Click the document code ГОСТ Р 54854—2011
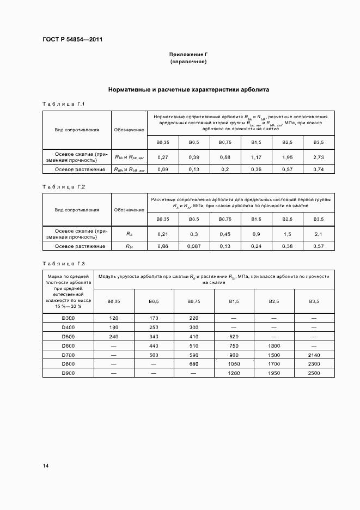coord(72,40)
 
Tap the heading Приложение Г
coord(188,54)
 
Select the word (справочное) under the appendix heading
coord(188,62)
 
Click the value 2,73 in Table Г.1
coord(319,157)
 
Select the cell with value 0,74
coord(319,169)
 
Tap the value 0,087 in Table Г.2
coord(193,246)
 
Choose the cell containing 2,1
coord(319,234)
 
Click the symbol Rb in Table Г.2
coord(129,234)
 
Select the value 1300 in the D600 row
coord(273,345)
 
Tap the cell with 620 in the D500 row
coord(234,336)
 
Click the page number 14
coord(46,466)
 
